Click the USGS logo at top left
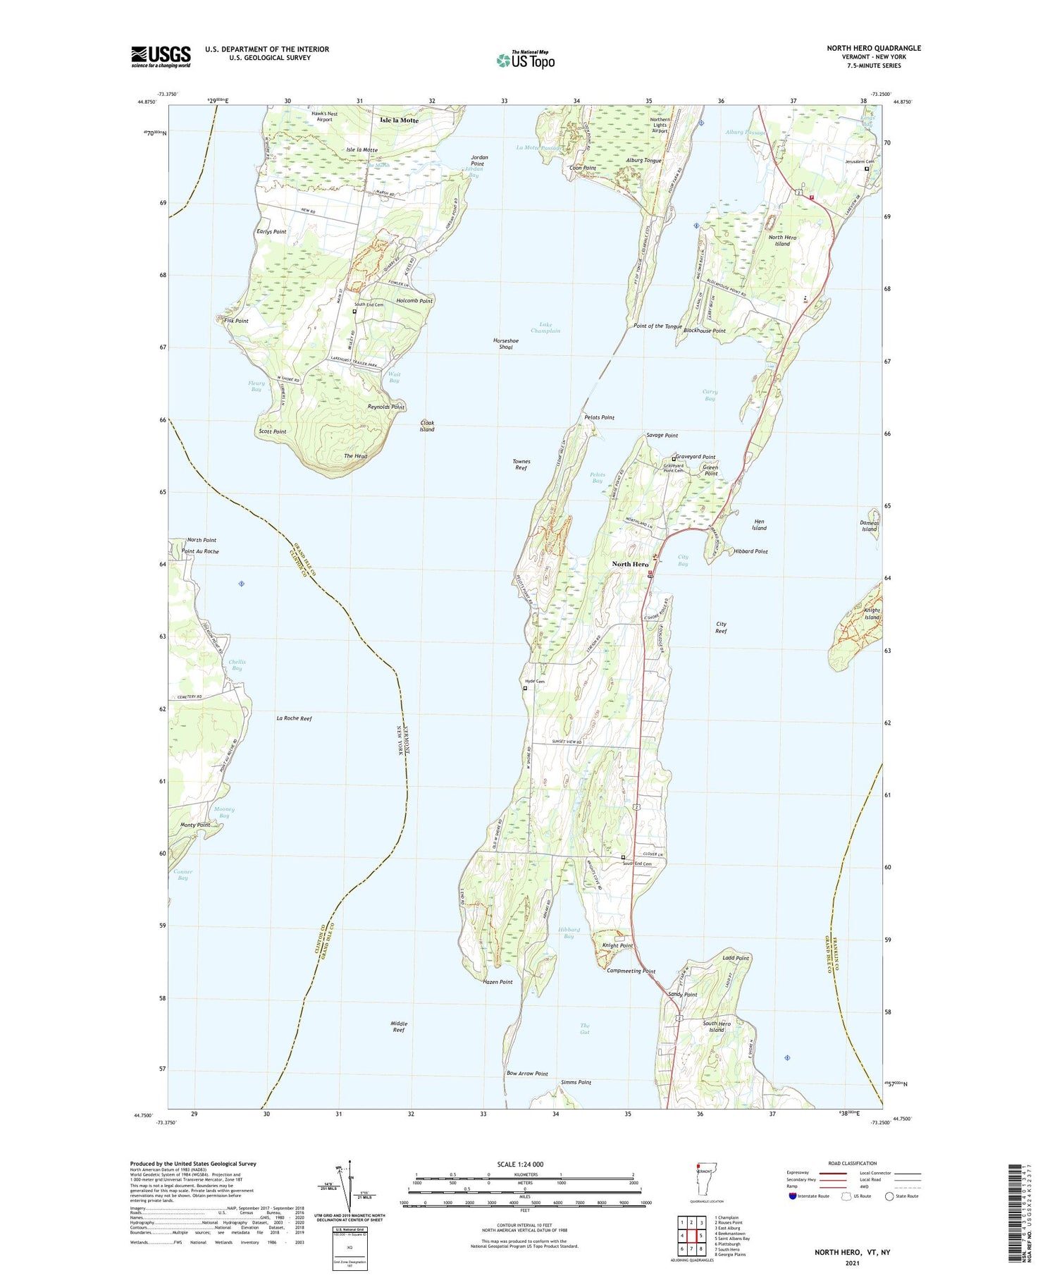coord(161,56)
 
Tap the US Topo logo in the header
coord(526,59)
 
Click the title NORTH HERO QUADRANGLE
coord(874,48)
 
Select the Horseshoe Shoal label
coord(506,344)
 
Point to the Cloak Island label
coord(427,426)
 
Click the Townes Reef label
coord(521,465)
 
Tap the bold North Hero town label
coord(630,564)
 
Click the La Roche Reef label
coord(294,718)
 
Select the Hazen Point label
coord(497,982)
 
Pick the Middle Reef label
coord(399,1026)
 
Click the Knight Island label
coord(872,613)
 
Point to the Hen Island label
coord(759,524)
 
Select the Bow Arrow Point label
coord(527,1074)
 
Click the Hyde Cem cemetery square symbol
coord(525,689)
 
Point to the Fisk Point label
coord(236,321)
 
